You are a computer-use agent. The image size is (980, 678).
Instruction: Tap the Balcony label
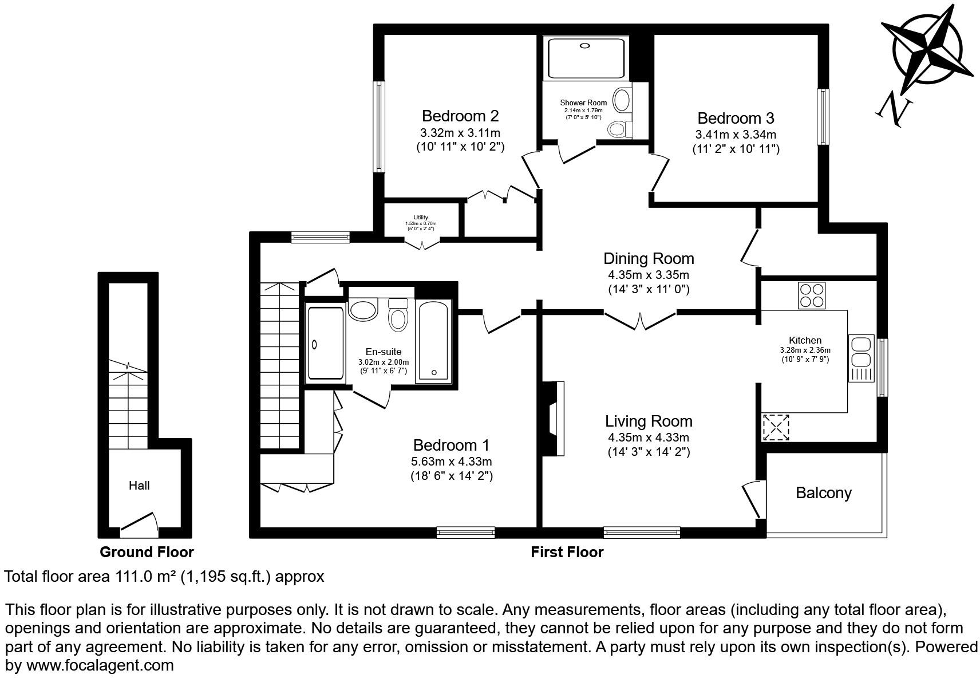[x=823, y=493]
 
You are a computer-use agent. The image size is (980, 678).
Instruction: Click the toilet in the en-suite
[x=397, y=315]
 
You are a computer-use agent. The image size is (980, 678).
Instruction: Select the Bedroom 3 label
[x=736, y=119]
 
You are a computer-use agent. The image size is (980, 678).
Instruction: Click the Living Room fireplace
[x=554, y=418]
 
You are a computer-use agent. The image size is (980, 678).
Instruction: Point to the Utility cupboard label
[x=421, y=218]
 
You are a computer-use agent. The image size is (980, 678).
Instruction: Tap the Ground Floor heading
[x=147, y=552]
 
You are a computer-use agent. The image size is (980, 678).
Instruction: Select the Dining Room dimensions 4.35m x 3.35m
[x=648, y=275]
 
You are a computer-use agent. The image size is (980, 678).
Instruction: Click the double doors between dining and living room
[x=641, y=321]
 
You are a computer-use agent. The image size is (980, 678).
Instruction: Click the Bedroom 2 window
[x=378, y=126]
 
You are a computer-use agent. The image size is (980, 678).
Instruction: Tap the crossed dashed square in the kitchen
[x=776, y=427]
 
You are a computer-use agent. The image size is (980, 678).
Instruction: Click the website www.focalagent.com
[x=100, y=665]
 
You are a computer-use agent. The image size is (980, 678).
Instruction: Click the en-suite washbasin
[x=362, y=311]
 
